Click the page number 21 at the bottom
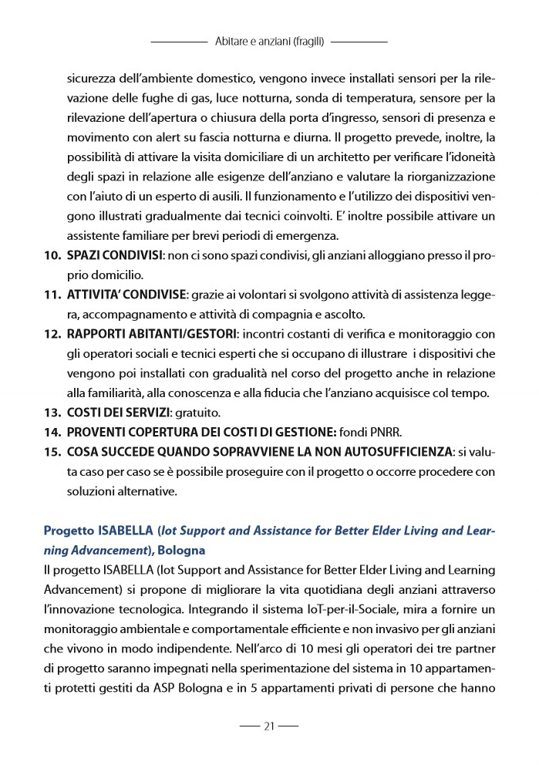(269, 726)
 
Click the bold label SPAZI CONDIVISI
(114, 254)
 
